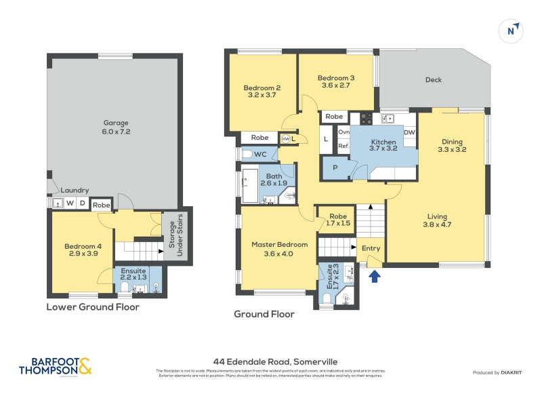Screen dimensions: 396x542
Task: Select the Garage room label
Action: pos(116,127)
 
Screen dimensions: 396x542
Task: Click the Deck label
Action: pos(434,80)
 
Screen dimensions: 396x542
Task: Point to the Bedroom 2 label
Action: pos(262,92)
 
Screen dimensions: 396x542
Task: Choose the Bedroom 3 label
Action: pos(336,82)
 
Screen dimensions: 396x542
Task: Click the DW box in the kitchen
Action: pos(409,132)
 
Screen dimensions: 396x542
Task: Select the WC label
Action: pos(260,155)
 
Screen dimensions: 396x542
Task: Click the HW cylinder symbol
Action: pos(286,139)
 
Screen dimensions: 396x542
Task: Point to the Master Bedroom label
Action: pos(279,249)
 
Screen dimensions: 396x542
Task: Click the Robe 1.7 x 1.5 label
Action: pos(337,219)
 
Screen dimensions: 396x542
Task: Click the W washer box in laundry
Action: pos(69,203)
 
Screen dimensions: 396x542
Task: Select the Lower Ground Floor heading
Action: pos(93,307)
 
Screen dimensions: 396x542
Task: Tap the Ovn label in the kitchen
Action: pos(344,132)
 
